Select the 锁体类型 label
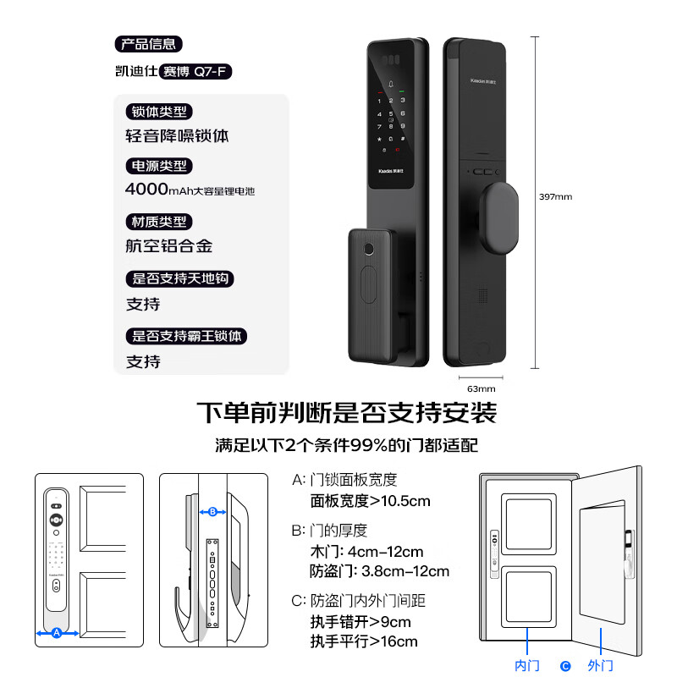pos(158,112)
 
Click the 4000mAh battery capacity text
pos(190,190)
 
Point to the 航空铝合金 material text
pos(168,246)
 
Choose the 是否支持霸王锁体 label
pos(187,336)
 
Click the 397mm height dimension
pos(556,196)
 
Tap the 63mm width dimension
pos(481,388)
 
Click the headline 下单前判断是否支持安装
pos(346,414)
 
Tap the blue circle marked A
pos(57,632)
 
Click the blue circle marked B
pos(213,511)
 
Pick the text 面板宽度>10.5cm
pos(370,501)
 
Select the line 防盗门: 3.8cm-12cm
pos(380,571)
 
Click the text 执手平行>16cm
pos(364,641)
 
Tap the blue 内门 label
pos(526,666)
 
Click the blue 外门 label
pos(599,666)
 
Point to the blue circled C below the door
pos(565,666)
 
